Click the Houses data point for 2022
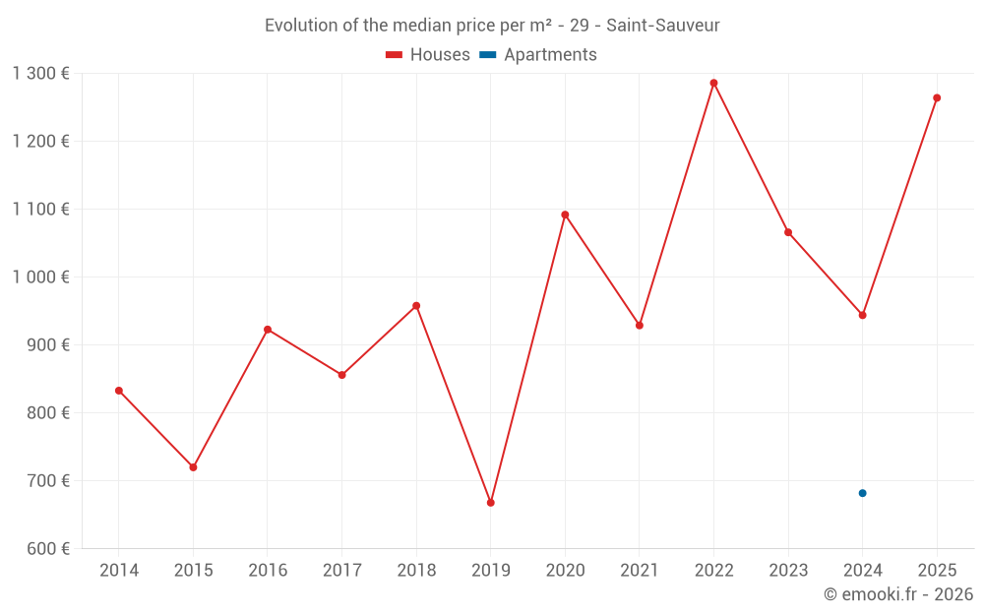(713, 83)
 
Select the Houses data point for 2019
(491, 503)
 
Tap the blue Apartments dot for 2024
(862, 493)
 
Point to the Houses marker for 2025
(937, 97)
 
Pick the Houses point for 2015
(193, 467)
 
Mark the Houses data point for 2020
(565, 215)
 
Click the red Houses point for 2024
(862, 315)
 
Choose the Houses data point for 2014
(119, 391)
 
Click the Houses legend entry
(428, 55)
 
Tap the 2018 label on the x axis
(416, 571)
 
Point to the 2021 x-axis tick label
(640, 571)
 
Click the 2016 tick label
(268, 571)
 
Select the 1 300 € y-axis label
(41, 73)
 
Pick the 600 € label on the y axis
(46, 549)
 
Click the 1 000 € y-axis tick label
(41, 277)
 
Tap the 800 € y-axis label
(46, 413)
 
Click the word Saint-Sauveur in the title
(662, 25)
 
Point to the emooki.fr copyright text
(897, 594)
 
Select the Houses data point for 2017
(341, 375)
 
